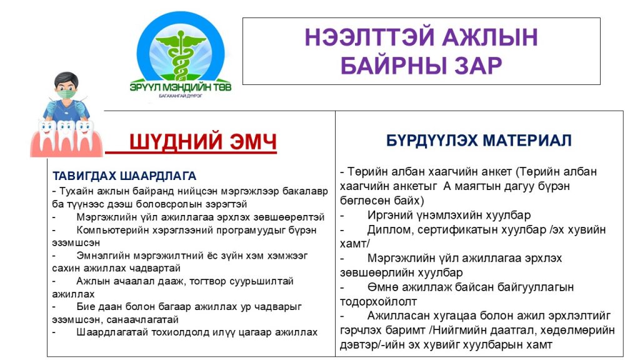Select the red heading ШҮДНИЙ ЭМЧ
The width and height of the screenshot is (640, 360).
click(203, 142)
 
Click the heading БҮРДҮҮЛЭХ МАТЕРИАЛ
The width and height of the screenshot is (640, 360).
click(479, 141)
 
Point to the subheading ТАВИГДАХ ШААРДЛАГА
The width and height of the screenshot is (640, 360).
click(124, 176)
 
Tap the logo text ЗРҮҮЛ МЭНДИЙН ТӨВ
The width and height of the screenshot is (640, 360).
click(181, 87)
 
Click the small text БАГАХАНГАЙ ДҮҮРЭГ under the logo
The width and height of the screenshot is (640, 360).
click(181, 96)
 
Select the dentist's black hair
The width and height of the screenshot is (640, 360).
click(66, 77)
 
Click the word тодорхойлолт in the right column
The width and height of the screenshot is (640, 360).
click(378, 302)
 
